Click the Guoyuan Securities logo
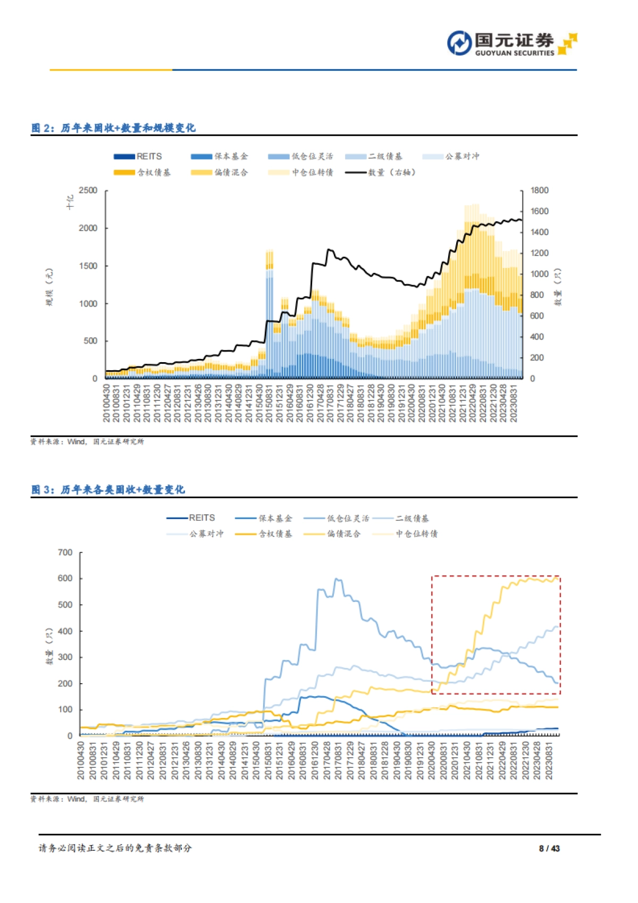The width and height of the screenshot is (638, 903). (x=511, y=44)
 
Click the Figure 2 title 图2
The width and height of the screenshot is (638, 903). (x=113, y=128)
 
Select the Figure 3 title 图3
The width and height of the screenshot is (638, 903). (x=107, y=489)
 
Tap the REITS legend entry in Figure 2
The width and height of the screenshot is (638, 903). (x=138, y=156)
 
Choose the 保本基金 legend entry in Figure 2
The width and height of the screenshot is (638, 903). (x=220, y=156)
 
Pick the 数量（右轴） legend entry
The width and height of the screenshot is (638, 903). (x=381, y=172)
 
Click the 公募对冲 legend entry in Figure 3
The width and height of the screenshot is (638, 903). (x=195, y=534)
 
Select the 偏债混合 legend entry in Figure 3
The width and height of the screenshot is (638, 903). (x=332, y=534)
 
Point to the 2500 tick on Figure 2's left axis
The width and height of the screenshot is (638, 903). (x=88, y=190)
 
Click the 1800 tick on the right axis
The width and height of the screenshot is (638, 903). (x=539, y=190)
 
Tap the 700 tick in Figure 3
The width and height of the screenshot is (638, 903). (x=65, y=553)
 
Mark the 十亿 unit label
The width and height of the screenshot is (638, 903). (x=70, y=202)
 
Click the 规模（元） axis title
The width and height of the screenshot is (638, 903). (x=49, y=287)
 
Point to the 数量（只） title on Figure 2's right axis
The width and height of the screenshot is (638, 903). (x=558, y=287)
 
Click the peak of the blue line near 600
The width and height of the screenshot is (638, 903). (x=336, y=579)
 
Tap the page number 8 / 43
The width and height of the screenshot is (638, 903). (x=549, y=849)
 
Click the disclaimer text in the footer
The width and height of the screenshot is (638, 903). (x=115, y=848)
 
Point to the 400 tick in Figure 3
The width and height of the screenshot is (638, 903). (x=65, y=631)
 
